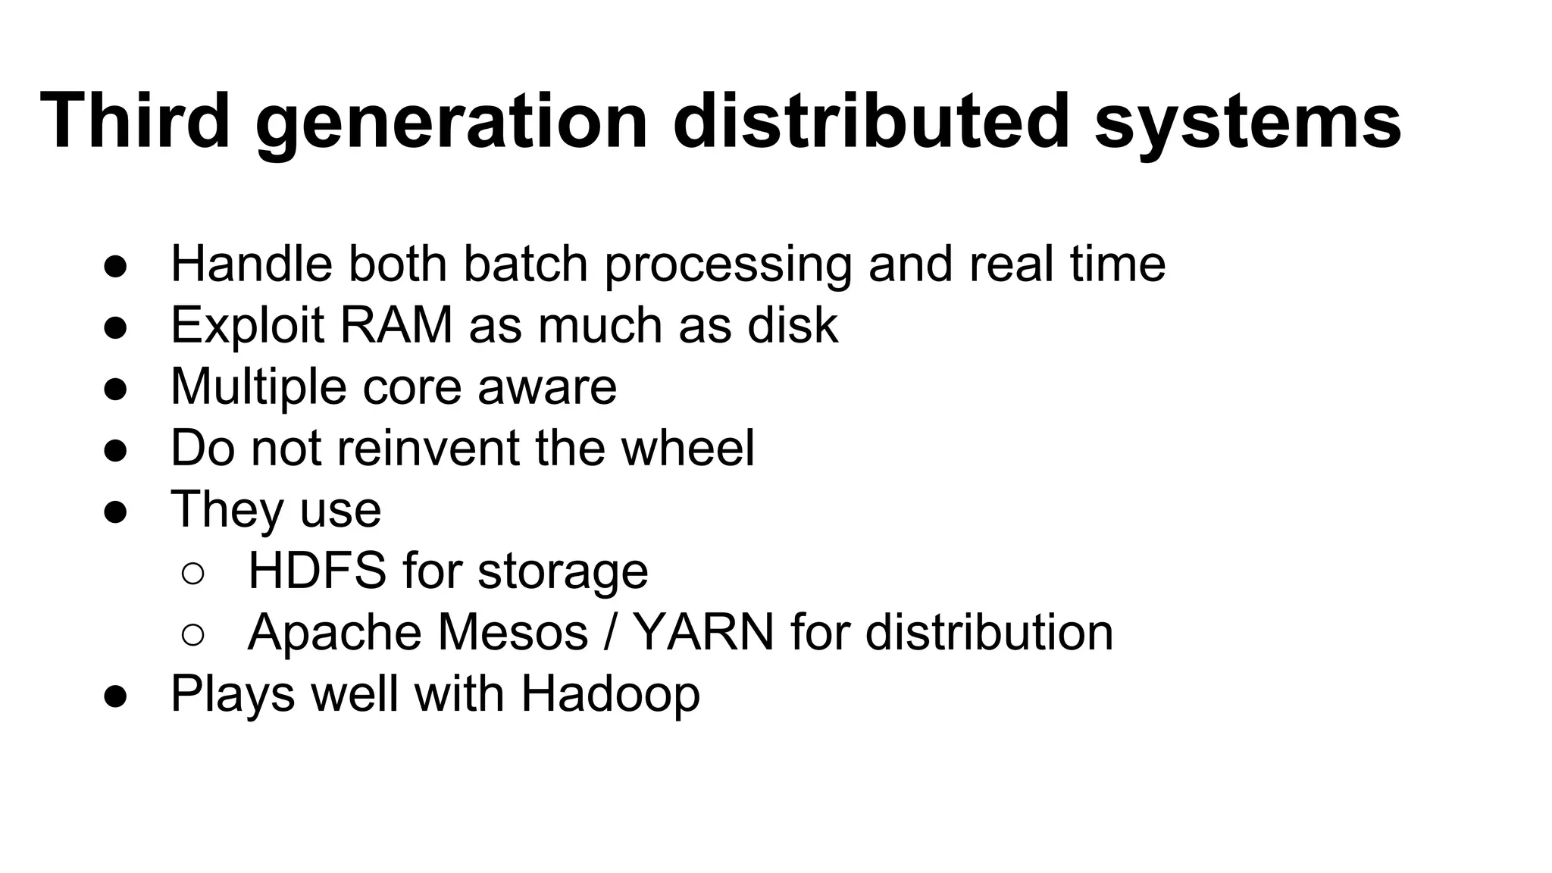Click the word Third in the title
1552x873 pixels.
[x=135, y=121]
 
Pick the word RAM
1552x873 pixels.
[x=396, y=325]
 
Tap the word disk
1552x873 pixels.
[x=793, y=325]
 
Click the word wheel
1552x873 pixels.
[x=688, y=448]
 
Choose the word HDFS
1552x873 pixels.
[x=317, y=571]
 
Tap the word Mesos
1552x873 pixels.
[x=513, y=632]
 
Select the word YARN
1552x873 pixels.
[x=703, y=632]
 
